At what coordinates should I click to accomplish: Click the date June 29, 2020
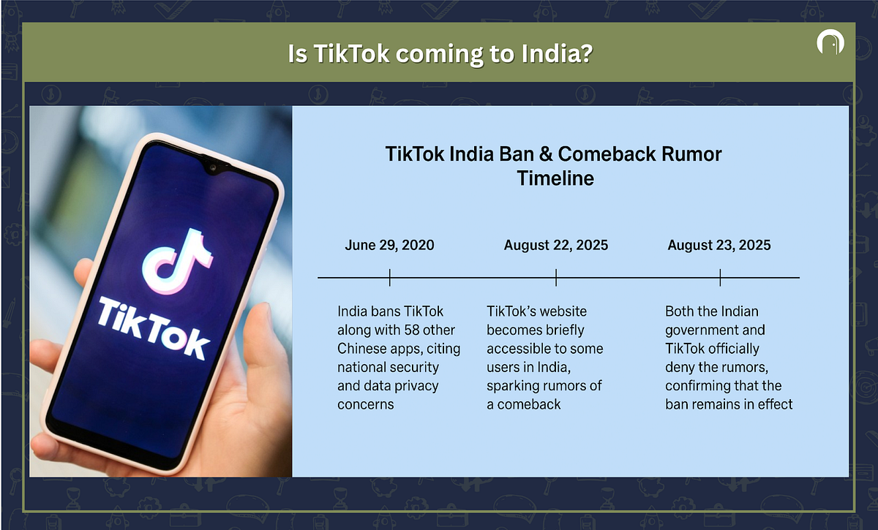(x=389, y=245)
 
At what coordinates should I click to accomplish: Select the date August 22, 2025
(x=556, y=245)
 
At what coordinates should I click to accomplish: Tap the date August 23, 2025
(x=718, y=245)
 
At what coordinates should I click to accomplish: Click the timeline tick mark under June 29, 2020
(x=389, y=277)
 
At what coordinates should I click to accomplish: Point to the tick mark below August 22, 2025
(x=556, y=277)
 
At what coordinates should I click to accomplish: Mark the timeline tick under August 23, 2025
(x=720, y=277)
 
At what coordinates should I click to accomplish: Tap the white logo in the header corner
(x=830, y=42)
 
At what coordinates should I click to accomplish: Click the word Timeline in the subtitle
(x=555, y=178)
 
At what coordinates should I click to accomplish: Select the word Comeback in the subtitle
(x=607, y=154)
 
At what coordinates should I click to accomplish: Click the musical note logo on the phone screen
(x=177, y=262)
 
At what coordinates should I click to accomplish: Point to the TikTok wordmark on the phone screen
(x=153, y=328)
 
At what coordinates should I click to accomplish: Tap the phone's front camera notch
(x=213, y=167)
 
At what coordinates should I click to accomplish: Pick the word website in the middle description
(x=563, y=311)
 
